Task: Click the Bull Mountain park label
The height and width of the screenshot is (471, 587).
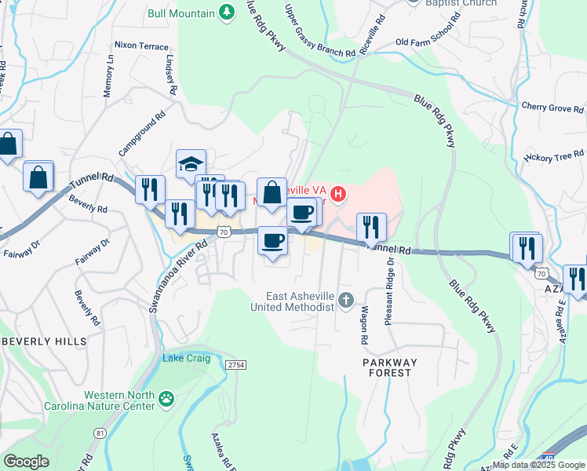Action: click(181, 13)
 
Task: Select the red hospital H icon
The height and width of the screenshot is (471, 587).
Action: click(339, 193)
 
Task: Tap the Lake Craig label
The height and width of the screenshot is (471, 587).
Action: click(187, 358)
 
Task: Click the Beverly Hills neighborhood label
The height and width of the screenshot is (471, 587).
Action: click(44, 341)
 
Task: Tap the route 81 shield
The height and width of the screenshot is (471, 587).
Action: click(100, 433)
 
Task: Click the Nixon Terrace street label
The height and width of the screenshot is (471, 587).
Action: click(141, 46)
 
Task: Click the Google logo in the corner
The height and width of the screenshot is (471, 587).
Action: click(27, 462)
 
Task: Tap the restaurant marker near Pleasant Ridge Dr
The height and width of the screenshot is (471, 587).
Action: click(371, 227)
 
